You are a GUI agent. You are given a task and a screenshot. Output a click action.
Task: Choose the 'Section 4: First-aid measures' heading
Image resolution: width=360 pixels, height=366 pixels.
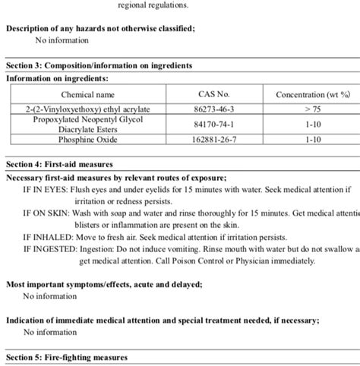click(x=59, y=164)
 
